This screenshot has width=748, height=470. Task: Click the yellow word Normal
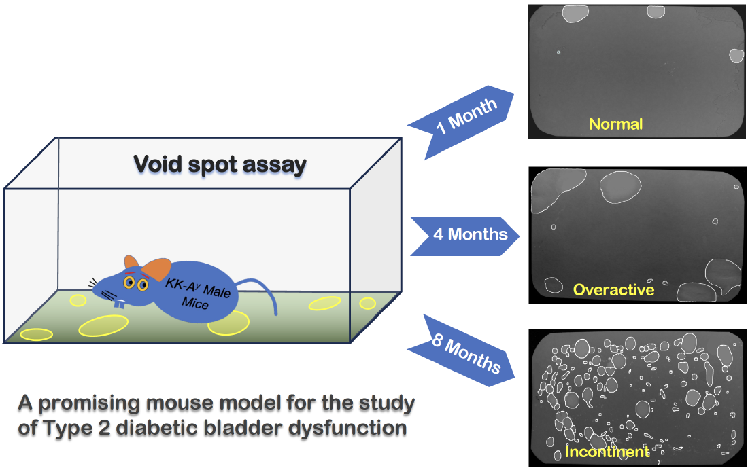[615, 124]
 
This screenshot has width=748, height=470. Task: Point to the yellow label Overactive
[613, 290]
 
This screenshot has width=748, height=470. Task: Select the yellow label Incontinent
[607, 452]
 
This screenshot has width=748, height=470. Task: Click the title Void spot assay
[220, 164]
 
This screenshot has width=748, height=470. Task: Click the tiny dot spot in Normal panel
[558, 52]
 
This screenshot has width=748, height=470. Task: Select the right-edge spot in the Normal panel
[736, 55]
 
